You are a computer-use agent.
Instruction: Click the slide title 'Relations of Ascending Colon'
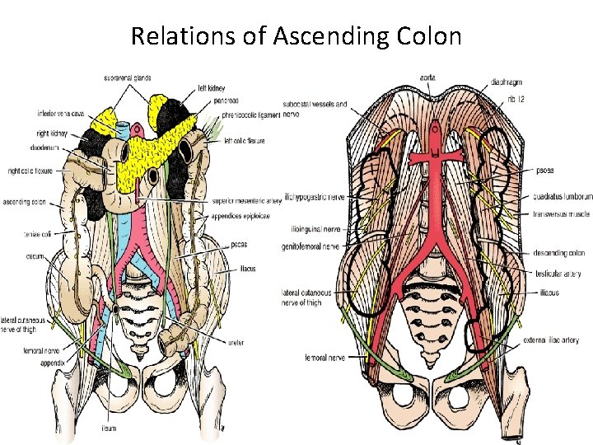point(296,36)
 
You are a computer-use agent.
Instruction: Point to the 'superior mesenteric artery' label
point(246,198)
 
